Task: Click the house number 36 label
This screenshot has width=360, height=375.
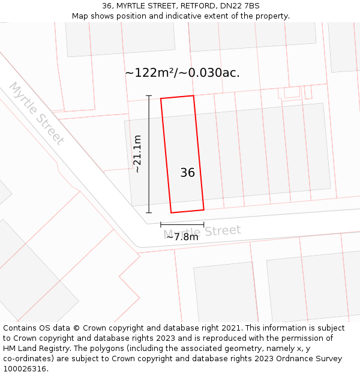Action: click(x=187, y=173)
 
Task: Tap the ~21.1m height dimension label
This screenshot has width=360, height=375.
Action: click(x=137, y=154)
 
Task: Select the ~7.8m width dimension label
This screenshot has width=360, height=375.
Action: click(x=182, y=237)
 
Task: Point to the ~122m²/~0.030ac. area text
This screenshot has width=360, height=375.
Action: click(x=182, y=73)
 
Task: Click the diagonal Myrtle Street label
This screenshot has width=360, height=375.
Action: click(x=37, y=114)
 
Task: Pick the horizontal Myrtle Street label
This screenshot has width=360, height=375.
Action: click(x=202, y=232)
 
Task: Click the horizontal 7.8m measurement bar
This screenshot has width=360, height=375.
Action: click(x=182, y=224)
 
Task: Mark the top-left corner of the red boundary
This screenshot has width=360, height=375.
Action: click(x=161, y=99)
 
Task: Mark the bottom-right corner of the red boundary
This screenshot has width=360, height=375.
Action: click(x=203, y=209)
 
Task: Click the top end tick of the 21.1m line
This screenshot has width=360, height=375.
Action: click(x=149, y=96)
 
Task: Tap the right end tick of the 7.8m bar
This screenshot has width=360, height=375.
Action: click(x=203, y=224)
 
